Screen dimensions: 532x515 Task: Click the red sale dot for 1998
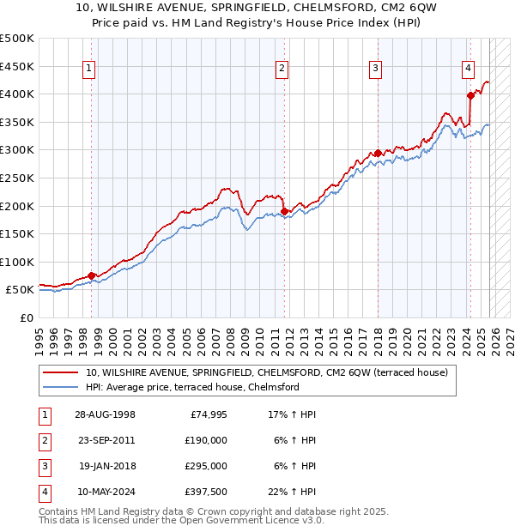92,275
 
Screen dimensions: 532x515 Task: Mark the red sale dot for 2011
284,211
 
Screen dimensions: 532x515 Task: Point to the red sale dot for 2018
378,153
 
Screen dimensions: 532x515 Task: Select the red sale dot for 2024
470,95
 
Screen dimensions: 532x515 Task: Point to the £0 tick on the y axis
26,318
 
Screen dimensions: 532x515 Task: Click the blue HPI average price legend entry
192,387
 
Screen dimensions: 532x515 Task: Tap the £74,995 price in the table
208,414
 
